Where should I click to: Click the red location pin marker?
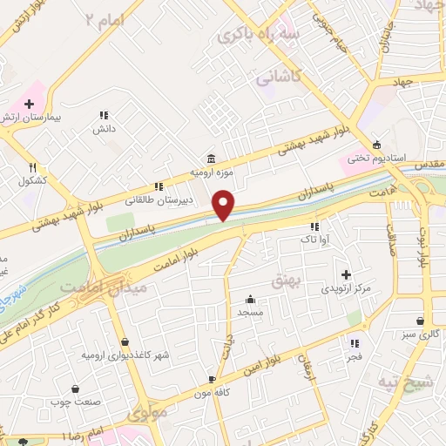click(224, 205)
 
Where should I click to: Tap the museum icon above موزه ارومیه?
click(213, 159)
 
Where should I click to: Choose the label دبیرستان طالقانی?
click(159, 199)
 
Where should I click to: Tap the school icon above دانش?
click(104, 115)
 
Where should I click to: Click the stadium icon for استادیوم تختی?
click(376, 145)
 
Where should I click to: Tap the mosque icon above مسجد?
click(250, 298)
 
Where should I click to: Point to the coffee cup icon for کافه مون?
click(212, 380)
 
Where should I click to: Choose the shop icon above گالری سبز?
click(421, 320)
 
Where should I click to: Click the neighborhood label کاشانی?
click(278, 78)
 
